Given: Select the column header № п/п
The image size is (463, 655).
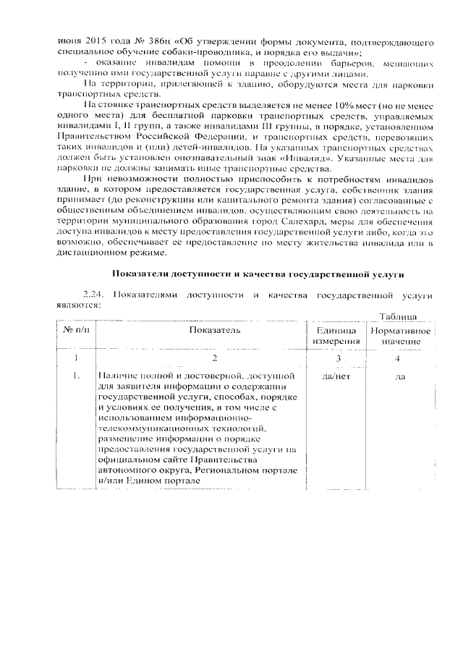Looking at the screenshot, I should pyautogui.click(x=76, y=330).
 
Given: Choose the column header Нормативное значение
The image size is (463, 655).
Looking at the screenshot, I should pyautogui.click(x=399, y=335).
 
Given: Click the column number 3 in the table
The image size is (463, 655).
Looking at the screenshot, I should pyautogui.click(x=337, y=358).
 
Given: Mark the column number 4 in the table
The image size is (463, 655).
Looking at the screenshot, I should pyautogui.click(x=398, y=358).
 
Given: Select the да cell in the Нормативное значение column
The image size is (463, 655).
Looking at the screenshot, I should pyautogui.click(x=399, y=376).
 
